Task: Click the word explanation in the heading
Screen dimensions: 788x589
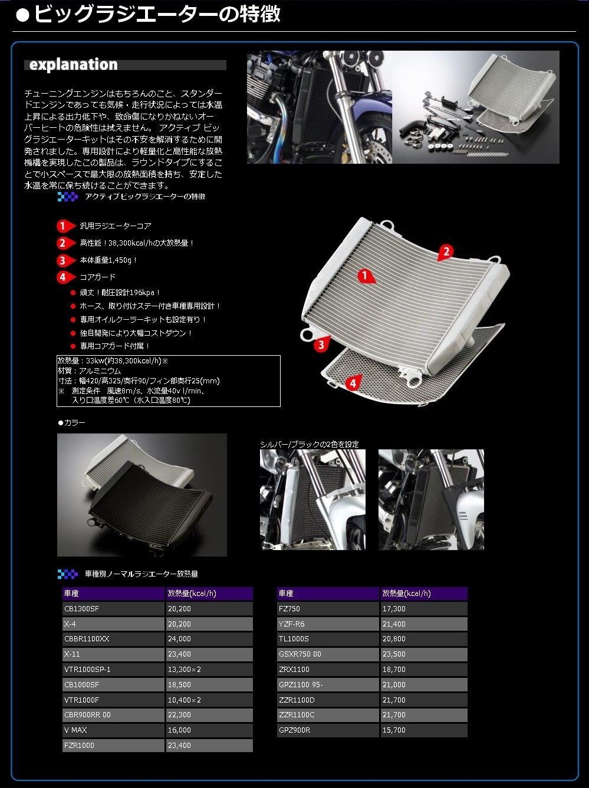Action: pyautogui.click(x=73, y=65)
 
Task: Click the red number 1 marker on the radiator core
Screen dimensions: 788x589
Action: pyautogui.click(x=366, y=276)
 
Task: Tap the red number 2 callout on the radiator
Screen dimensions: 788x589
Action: pyautogui.click(x=446, y=252)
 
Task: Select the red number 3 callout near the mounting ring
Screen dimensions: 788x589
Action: pyautogui.click(x=321, y=345)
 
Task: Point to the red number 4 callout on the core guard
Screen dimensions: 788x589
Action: pyautogui.click(x=352, y=383)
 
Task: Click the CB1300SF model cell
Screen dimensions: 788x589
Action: pyautogui.click(x=113, y=609)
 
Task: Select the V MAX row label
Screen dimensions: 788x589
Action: pyautogui.click(x=113, y=730)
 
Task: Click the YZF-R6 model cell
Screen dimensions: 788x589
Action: pyautogui.click(x=327, y=624)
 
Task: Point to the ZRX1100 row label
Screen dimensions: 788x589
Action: pyautogui.click(x=327, y=670)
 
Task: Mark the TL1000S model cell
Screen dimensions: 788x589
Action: pyautogui.click(x=327, y=639)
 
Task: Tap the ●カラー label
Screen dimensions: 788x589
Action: pyautogui.click(x=71, y=423)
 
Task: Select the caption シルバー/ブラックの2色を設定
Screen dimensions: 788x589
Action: pyautogui.click(x=309, y=445)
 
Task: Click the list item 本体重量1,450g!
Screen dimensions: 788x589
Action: pyautogui.click(x=108, y=260)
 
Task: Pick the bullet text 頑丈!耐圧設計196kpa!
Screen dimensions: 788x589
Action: pyautogui.click(x=120, y=293)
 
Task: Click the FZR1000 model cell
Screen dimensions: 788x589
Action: pyautogui.click(x=113, y=746)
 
